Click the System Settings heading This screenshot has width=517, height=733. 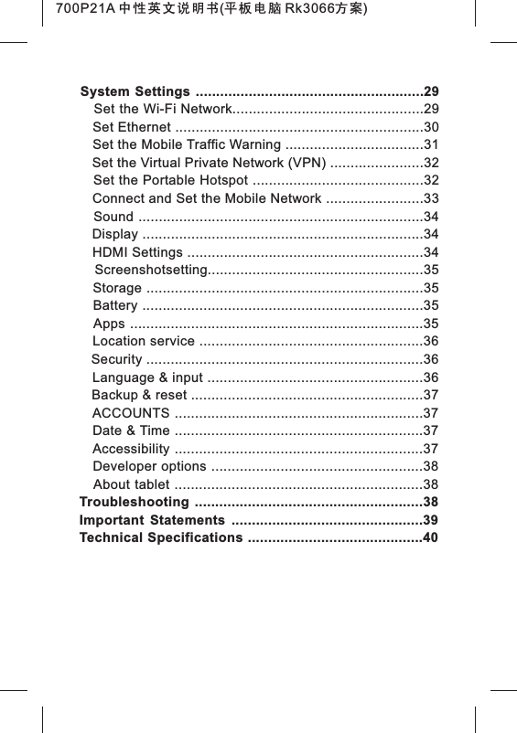[x=135, y=92]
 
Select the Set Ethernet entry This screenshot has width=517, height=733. [x=132, y=127]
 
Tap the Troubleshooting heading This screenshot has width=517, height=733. [x=135, y=504]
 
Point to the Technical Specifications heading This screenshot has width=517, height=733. [x=161, y=537]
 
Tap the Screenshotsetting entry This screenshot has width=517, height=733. [x=151, y=270]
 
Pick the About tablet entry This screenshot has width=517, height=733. [x=131, y=483]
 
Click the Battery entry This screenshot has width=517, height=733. [x=115, y=305]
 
